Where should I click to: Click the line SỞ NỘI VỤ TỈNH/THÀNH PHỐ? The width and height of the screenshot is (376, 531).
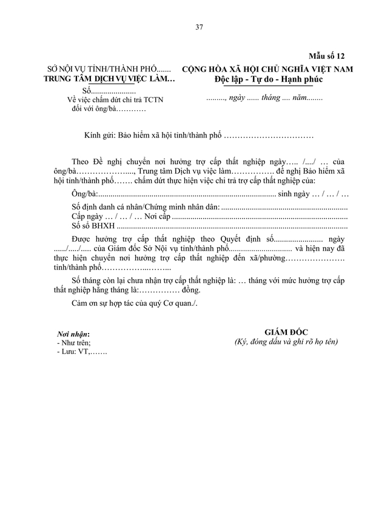[110, 69]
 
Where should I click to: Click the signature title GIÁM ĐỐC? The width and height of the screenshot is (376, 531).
[286, 332]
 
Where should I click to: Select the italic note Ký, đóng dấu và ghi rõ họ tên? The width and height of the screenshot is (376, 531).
[286, 342]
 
